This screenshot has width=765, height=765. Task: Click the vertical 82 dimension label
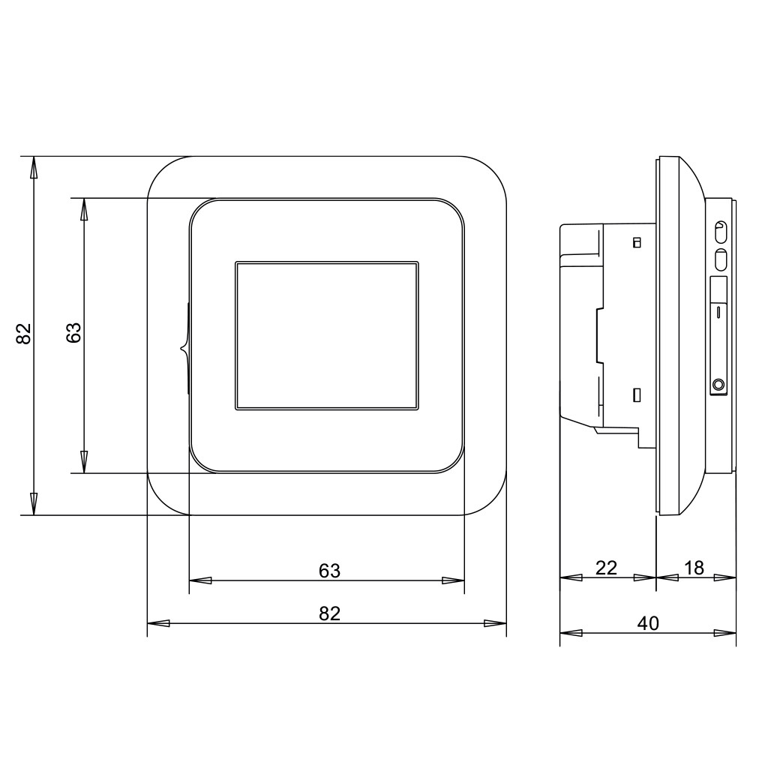tap(24, 334)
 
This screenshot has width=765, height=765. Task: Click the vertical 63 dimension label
tap(73, 333)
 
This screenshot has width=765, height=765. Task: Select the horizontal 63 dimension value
tap(329, 570)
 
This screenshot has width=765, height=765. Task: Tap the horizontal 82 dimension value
tap(329, 613)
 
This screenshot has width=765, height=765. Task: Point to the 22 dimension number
tap(607, 568)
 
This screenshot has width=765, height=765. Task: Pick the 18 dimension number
tap(694, 568)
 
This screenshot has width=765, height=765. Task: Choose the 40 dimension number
tap(649, 623)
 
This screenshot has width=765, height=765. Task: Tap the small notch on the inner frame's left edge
tap(184, 348)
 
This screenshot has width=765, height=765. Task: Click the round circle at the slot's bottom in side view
tap(718, 384)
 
